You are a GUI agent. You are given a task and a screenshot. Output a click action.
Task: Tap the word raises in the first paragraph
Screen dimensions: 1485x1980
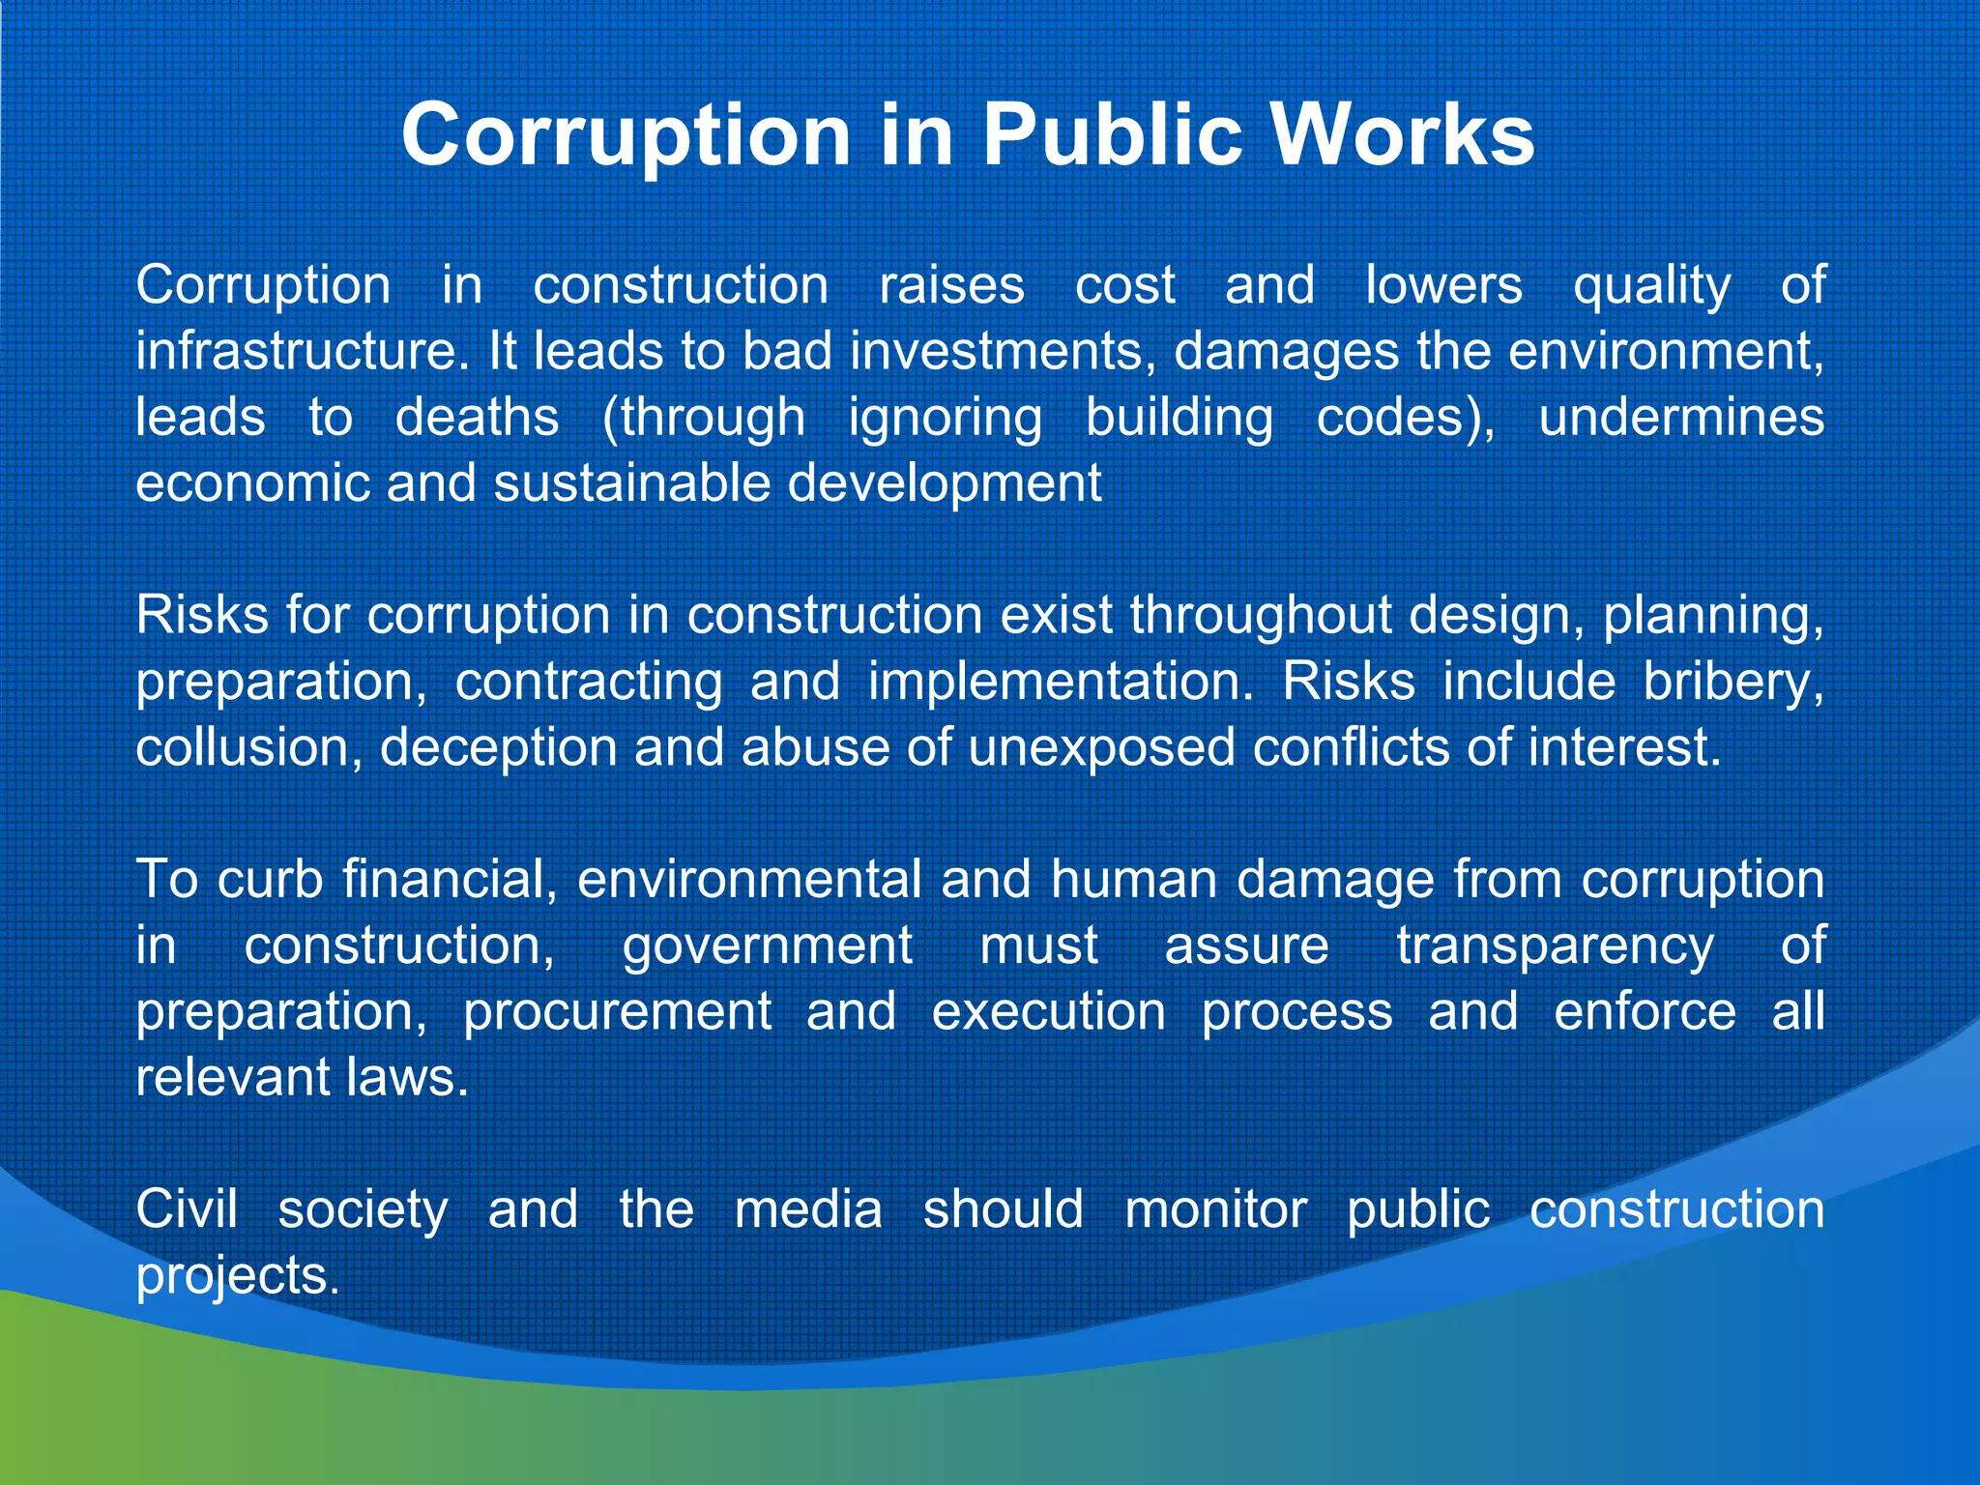(951, 286)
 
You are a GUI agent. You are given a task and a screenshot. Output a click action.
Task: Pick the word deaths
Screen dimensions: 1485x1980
(477, 418)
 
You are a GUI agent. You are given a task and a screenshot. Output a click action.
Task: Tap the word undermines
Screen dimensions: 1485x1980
(1681, 418)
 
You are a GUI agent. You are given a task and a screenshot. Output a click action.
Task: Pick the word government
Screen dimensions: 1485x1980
(767, 946)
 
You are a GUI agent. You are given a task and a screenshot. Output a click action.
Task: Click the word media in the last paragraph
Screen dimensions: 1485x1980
(808, 1209)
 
